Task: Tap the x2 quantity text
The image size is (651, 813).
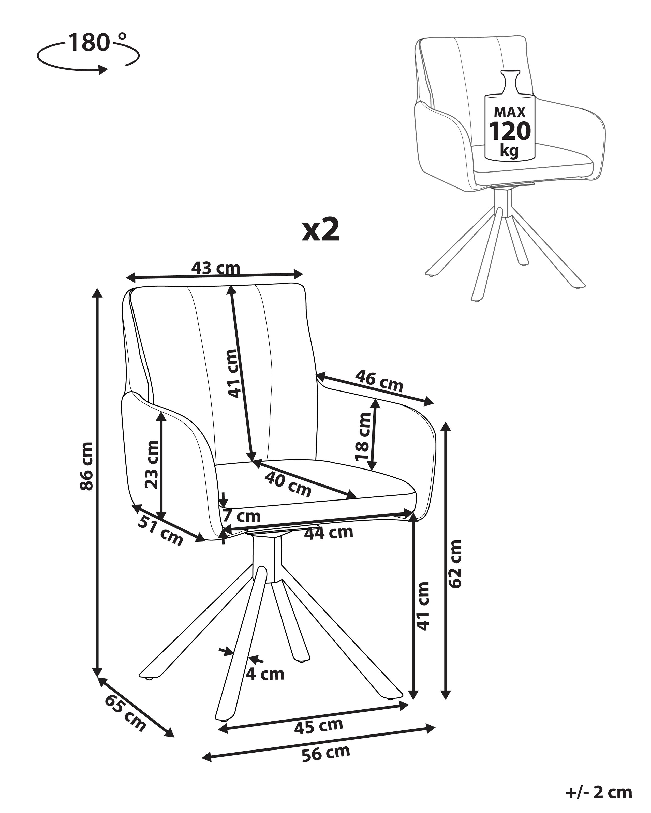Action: click(321, 230)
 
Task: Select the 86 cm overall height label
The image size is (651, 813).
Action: click(86, 466)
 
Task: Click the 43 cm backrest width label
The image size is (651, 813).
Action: click(215, 268)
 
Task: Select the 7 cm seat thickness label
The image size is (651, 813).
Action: click(242, 516)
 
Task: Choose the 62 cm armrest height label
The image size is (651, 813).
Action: click(455, 564)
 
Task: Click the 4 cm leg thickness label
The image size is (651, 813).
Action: click(265, 674)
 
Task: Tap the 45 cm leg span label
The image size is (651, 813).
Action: click(319, 726)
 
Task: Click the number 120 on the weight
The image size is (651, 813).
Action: click(509, 131)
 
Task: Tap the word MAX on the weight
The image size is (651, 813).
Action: click(509, 112)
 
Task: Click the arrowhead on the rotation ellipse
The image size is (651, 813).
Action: click(103, 69)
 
